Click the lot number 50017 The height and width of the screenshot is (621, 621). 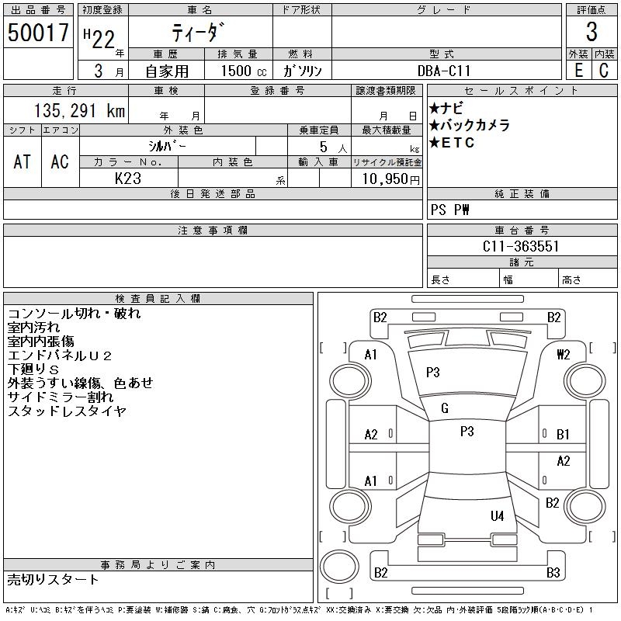[x=38, y=33]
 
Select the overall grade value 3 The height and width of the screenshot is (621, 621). [x=592, y=33]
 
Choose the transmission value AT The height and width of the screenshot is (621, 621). [x=23, y=161]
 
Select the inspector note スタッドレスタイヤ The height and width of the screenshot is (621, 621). [x=66, y=411]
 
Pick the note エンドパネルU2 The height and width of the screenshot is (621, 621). [x=60, y=356]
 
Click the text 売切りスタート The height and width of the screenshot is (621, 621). [x=54, y=579]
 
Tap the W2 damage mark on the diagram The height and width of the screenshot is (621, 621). [x=564, y=354]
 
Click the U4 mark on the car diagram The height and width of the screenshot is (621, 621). [x=498, y=515]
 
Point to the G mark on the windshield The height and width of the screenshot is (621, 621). [x=445, y=408]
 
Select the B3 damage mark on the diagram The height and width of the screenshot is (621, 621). [x=553, y=573]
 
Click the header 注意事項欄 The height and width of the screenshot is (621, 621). [x=213, y=230]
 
